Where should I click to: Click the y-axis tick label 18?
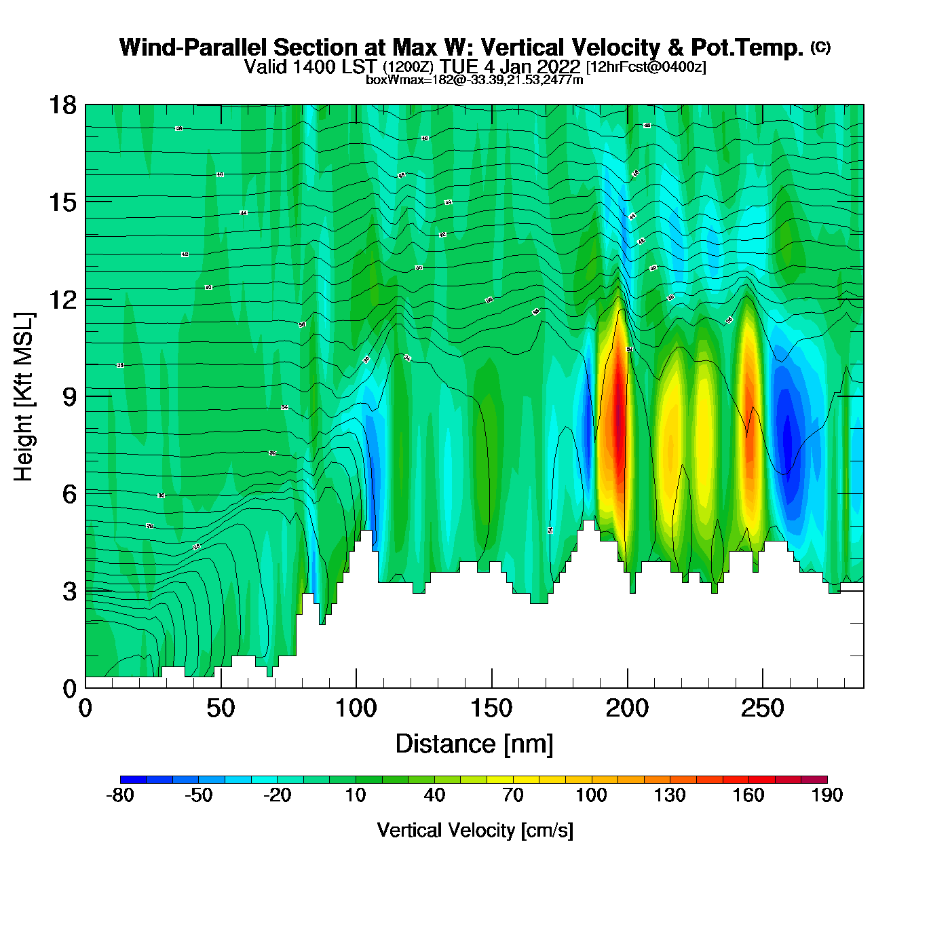pos(62,105)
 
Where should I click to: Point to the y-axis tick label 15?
pos(62,202)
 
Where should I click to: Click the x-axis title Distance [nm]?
pos(474,744)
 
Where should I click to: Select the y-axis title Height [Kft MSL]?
pos(24,397)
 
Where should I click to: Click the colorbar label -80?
pos(120,795)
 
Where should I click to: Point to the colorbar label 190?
pos(827,795)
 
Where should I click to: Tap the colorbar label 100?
pos(591,795)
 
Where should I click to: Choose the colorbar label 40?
pos(434,795)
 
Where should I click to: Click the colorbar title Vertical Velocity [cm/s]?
pos(475,831)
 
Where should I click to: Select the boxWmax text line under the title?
pos(474,79)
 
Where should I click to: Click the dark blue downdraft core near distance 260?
pos(787,438)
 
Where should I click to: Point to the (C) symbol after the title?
pos(820,47)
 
